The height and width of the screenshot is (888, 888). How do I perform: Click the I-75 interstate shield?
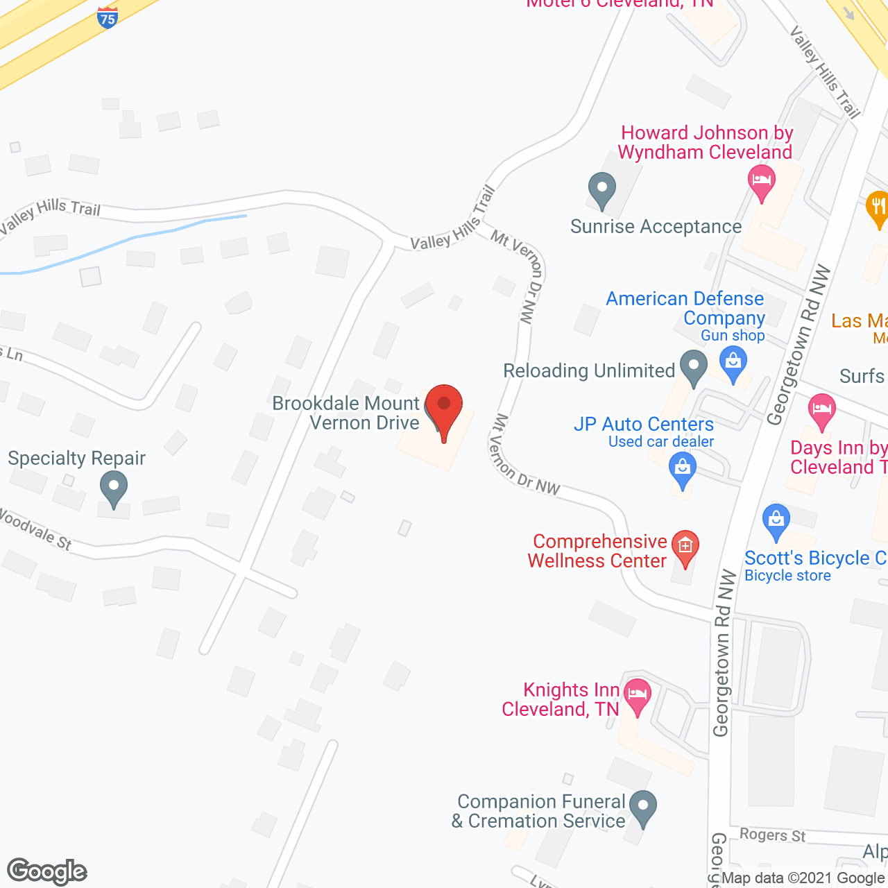[x=108, y=17]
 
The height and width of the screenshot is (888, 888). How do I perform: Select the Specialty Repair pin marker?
[x=114, y=488]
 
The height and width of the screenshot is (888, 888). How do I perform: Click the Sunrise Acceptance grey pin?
[x=602, y=189]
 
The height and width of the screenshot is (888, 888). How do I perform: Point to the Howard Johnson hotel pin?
[x=762, y=182]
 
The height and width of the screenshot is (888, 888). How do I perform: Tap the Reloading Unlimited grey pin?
[x=693, y=367]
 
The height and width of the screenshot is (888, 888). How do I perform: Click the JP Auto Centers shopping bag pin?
[x=683, y=469]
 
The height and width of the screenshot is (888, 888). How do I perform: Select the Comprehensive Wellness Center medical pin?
[x=685, y=549]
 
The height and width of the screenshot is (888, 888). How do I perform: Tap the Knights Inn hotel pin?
[x=637, y=696]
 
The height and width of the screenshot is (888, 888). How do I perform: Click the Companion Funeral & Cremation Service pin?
[x=643, y=808]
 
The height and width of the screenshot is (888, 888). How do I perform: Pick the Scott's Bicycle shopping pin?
[x=776, y=522]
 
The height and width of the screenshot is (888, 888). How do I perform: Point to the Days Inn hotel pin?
[x=822, y=410]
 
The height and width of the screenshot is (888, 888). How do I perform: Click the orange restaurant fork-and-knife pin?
[x=878, y=208]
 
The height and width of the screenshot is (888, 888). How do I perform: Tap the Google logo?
[x=47, y=871]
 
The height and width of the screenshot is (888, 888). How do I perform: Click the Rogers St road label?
[x=772, y=835]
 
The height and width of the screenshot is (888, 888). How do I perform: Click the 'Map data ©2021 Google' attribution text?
[x=803, y=878]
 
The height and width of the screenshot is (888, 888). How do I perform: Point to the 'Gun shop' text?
[x=733, y=336]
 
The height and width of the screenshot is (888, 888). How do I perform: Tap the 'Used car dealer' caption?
[x=661, y=442]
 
